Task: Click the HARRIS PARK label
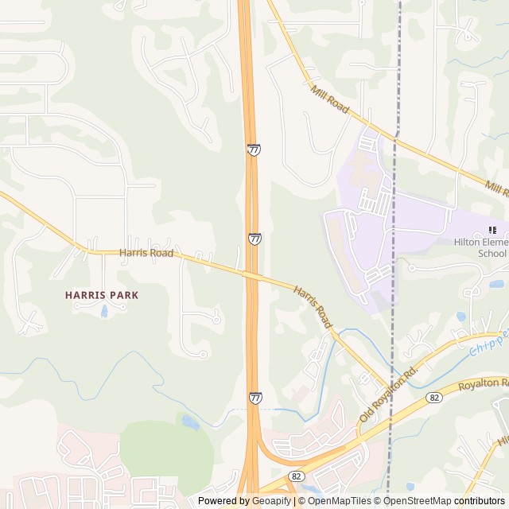[102, 295]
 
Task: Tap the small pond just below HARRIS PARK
[104, 310]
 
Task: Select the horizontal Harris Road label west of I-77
[146, 253]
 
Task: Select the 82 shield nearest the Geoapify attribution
[296, 476]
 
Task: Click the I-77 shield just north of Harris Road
[254, 239]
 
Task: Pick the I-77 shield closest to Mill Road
[253, 150]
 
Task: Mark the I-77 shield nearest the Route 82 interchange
[255, 397]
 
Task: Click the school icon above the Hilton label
[480, 231]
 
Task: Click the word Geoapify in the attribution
[271, 501]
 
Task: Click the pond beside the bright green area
[189, 421]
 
